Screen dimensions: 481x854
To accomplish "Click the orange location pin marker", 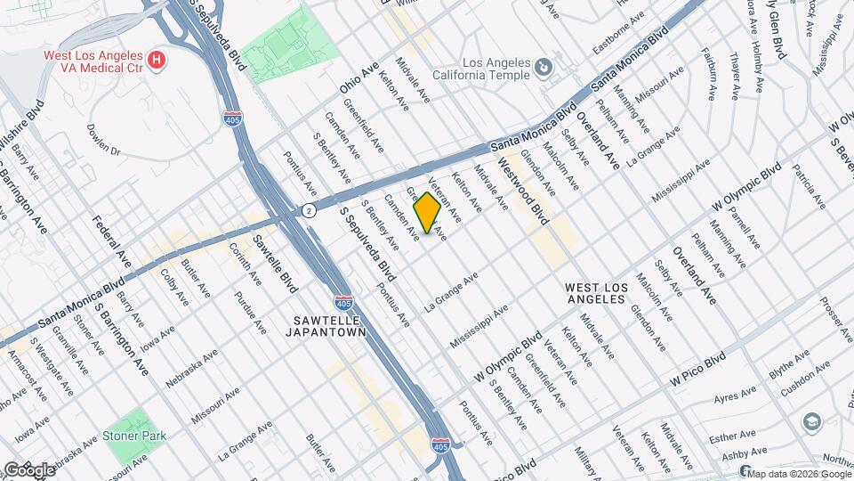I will point(427,213).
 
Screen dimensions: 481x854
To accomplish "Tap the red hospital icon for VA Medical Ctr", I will point(157,61).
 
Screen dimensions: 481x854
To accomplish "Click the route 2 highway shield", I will point(308,211).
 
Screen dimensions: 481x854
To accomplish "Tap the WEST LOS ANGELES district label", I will point(599,293).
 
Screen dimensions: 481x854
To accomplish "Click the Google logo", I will point(28,469).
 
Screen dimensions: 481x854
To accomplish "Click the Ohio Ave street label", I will point(359,78).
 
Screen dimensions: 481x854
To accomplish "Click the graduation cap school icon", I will point(811,421).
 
